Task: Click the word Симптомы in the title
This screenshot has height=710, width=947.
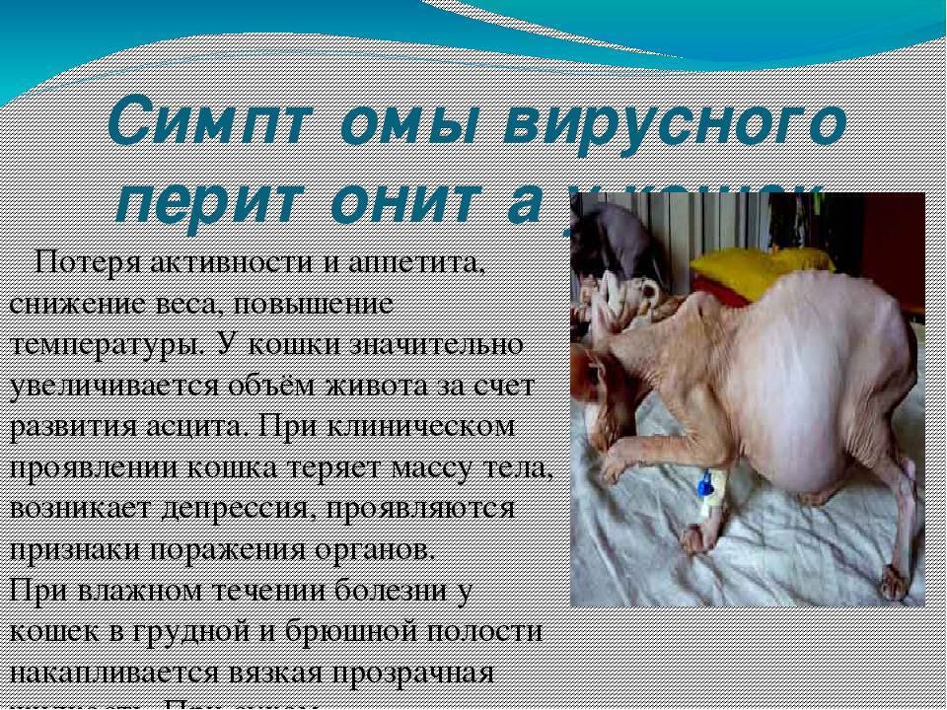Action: (248, 121)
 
